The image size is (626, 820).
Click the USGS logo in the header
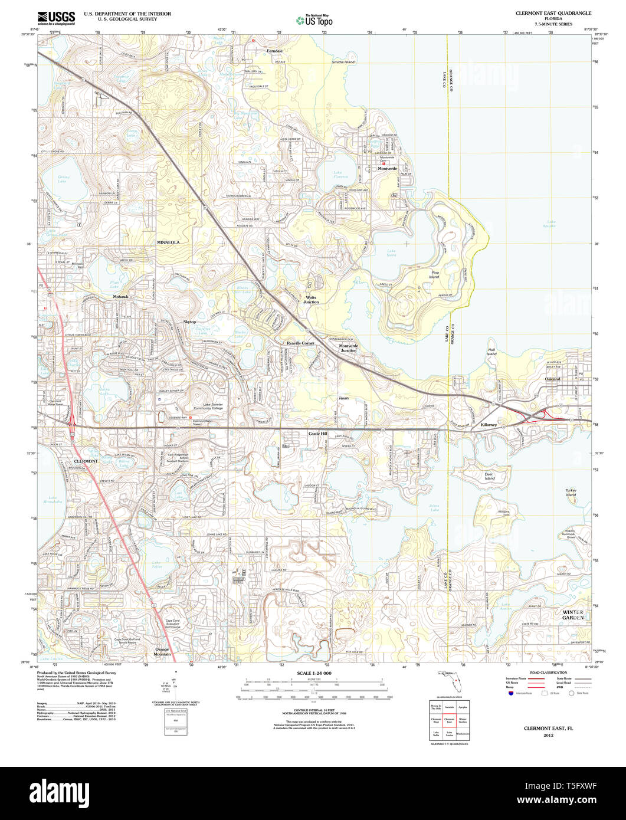coord(56,18)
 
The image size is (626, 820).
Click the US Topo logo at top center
coord(314,20)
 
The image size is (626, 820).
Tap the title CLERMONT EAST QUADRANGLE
coord(553,13)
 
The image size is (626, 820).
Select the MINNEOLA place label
coord(168,242)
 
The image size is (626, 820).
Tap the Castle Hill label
coord(317,434)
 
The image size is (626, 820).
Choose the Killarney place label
coord(490,425)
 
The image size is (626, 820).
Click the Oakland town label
coord(553,379)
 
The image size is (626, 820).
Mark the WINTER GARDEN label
coord(572,615)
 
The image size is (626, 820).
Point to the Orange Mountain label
coord(162,651)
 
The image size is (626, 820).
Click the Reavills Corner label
coord(300,343)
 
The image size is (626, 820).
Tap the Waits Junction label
coord(311,300)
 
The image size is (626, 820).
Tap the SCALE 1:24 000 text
coord(314,674)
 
